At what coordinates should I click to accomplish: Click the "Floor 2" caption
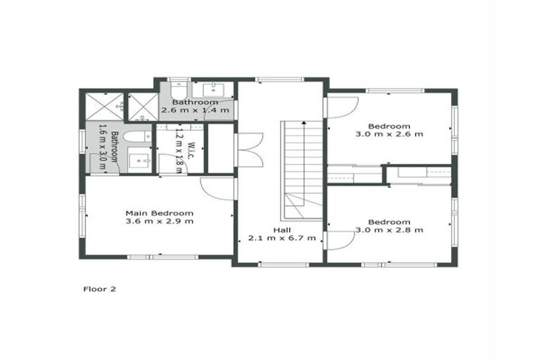[x=99, y=288]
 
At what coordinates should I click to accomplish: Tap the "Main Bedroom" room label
[x=159, y=212]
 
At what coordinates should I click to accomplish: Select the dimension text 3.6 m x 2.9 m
[x=159, y=221]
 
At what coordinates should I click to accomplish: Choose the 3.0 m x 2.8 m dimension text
[x=389, y=229]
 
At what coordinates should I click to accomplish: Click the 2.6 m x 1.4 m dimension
[x=195, y=110]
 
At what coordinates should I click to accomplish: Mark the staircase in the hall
[x=302, y=169]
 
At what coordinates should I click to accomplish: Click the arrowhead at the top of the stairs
[x=303, y=123]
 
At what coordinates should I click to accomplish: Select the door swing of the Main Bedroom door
[x=219, y=188]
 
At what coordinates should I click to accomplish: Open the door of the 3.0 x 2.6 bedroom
[x=342, y=108]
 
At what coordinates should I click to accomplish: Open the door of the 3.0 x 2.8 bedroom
[x=340, y=240]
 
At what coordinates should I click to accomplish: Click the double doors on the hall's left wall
[x=249, y=150]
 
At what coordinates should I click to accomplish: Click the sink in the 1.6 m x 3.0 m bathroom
[x=141, y=161]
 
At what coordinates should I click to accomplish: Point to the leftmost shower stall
[x=103, y=105]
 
